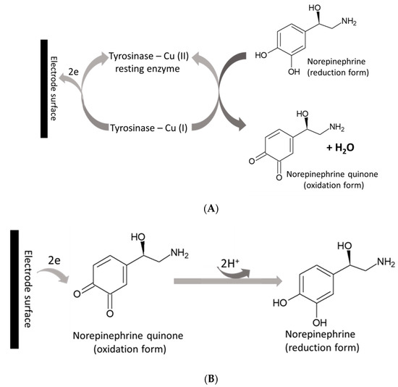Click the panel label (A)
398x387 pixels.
coord(211,208)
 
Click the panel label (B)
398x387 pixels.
coord(211,378)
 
